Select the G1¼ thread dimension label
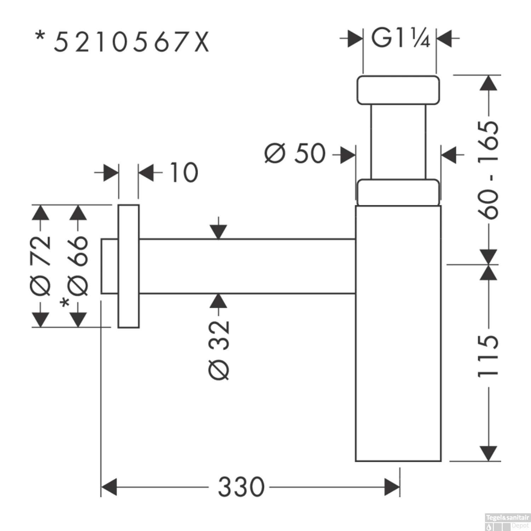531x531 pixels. click(400, 38)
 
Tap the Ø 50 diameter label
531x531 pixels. click(295, 154)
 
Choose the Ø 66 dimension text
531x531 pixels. click(78, 265)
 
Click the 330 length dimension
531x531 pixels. click(241, 487)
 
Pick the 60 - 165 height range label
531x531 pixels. click(489, 170)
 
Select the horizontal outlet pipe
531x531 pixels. click(248, 266)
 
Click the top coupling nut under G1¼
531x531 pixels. click(398, 90)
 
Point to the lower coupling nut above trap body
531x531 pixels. click(398, 193)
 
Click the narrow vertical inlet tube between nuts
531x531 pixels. click(398, 142)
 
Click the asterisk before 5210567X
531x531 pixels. click(41, 36)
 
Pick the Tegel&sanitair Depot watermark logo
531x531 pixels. click(507, 521)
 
